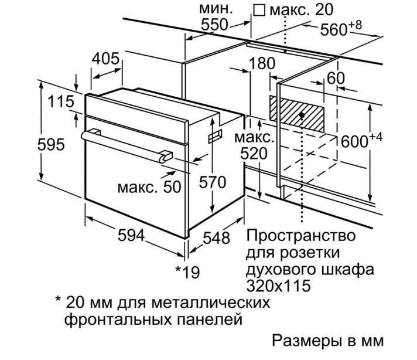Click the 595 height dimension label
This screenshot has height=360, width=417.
(51, 145)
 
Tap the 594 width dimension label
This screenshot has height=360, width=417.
(131, 235)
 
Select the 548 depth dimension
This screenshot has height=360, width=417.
(216, 238)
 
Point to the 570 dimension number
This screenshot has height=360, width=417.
(213, 182)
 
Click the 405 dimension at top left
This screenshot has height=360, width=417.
(105, 59)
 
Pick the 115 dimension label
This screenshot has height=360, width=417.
(61, 101)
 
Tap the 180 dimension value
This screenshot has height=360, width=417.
(262, 64)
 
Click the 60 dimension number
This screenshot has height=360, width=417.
(336, 79)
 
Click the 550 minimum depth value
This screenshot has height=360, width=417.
(214, 25)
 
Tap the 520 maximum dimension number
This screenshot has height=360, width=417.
(254, 154)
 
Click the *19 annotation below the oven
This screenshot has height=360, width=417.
(187, 272)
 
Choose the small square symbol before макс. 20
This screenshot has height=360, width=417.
(259, 11)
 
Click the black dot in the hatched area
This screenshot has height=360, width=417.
(302, 115)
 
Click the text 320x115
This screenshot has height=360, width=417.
(278, 286)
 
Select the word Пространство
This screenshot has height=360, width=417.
(301, 236)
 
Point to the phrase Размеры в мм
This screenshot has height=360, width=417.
(327, 340)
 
